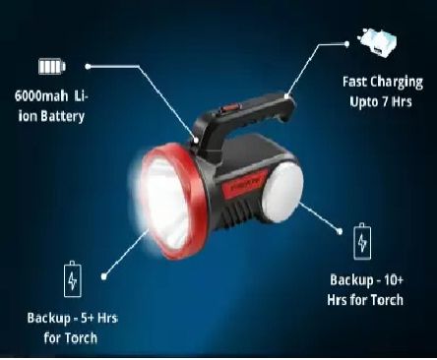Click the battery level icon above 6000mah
[52, 66]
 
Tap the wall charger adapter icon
[377, 42]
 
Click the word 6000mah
[41, 96]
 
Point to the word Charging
[398, 82]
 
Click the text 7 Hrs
[397, 101]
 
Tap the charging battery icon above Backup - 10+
[362, 242]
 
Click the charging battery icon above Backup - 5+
[73, 279]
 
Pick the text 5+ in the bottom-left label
[88, 318]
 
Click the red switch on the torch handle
[229, 108]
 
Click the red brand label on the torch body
[244, 185]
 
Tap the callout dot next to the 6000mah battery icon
[88, 67]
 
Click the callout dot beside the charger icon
[347, 44]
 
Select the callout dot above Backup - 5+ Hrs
[104, 277]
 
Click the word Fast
[355, 82]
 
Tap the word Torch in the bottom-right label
[387, 300]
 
